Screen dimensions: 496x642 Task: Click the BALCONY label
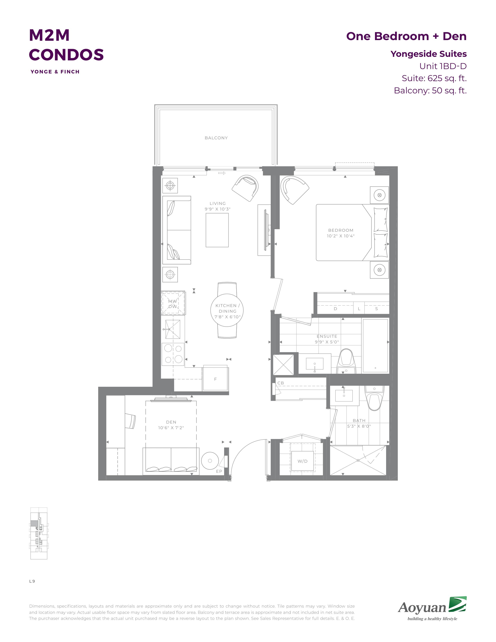coord(216,138)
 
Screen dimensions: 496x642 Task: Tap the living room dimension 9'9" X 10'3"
coord(217,209)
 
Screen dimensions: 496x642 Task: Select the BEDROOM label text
coord(341,230)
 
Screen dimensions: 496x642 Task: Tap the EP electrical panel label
coord(219,471)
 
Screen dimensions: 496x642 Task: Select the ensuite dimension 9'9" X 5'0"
coord(327,342)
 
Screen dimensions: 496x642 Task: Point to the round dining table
coord(227,310)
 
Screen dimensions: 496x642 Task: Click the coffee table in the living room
coord(217,230)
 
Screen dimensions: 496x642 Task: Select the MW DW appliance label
coord(173,304)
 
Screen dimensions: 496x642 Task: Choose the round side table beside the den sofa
coord(210,461)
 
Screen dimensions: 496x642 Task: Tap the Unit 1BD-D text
coord(443,66)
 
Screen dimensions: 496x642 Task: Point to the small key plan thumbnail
coord(39,533)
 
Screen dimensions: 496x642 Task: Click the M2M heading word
coord(49,35)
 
